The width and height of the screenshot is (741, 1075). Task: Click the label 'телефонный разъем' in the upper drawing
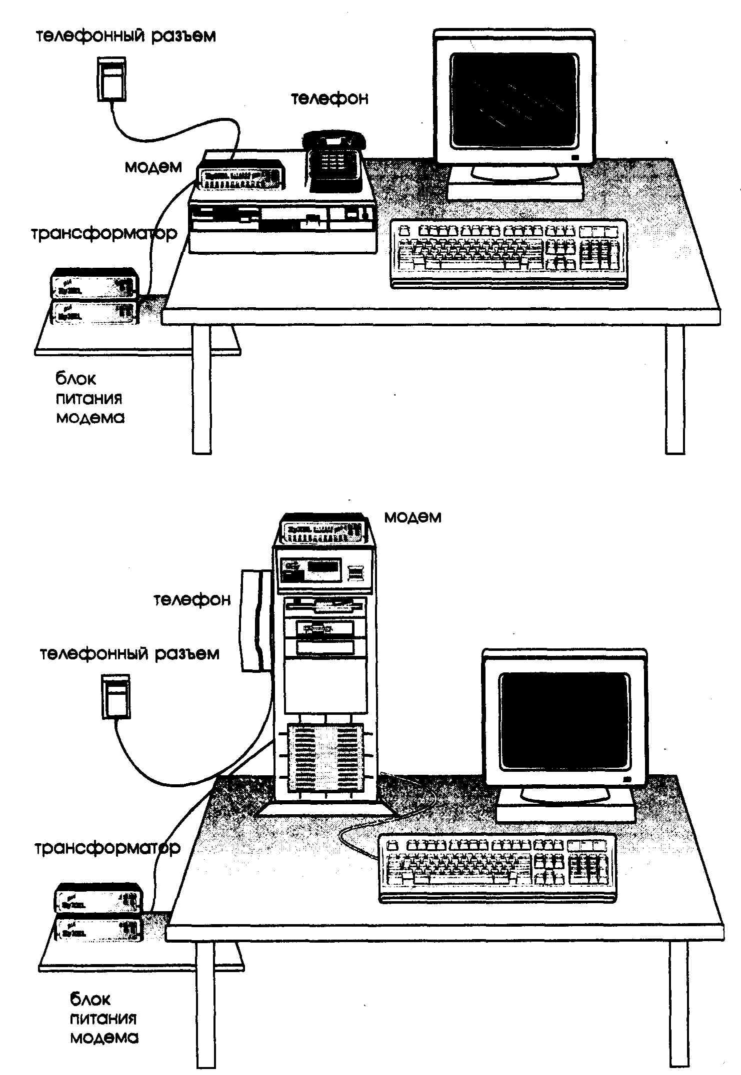coord(126,36)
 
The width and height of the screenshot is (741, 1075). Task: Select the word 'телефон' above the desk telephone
coord(329,98)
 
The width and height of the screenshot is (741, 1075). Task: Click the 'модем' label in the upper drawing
coord(153,167)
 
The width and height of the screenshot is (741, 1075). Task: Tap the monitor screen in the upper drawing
coord(514,100)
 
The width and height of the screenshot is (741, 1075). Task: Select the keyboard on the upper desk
coord(508,254)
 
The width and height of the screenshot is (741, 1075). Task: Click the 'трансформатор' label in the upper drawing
coord(104,234)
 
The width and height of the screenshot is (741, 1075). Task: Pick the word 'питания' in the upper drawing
coord(89,399)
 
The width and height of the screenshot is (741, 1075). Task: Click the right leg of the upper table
coord(674,390)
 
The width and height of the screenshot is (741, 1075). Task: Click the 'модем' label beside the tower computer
coord(412,517)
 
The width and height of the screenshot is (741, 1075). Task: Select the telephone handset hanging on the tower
coord(255,620)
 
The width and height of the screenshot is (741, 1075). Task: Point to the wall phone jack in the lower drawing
coord(116,696)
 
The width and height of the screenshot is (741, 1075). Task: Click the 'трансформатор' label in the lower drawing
coord(107,848)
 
